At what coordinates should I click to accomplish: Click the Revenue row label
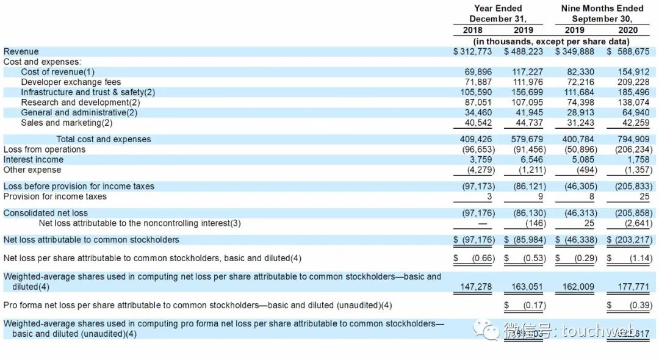click(x=21, y=52)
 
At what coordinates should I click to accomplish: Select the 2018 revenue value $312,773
click(x=472, y=52)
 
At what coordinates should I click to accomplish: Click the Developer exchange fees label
click(x=71, y=82)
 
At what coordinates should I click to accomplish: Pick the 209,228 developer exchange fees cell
click(x=633, y=82)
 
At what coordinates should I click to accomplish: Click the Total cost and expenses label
click(x=104, y=139)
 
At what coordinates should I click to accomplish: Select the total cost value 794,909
click(x=633, y=139)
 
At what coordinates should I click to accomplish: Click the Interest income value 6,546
click(x=528, y=160)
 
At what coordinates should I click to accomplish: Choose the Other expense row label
click(x=32, y=170)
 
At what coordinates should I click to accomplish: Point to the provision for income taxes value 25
click(x=644, y=196)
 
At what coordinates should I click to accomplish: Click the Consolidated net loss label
click(x=46, y=213)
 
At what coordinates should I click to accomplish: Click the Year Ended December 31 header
click(x=498, y=13)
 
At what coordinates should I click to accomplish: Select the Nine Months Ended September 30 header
click(x=602, y=13)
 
